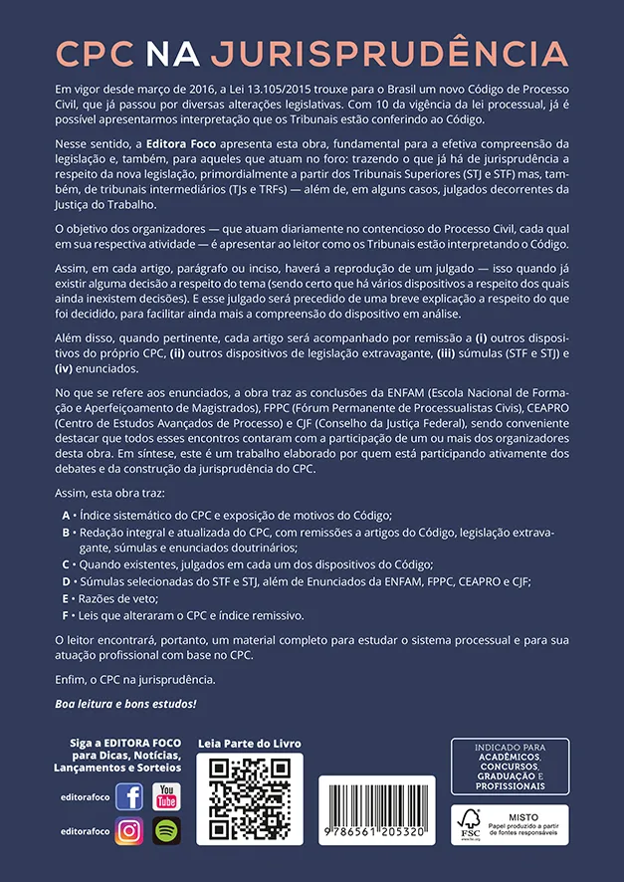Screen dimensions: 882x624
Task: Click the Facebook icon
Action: [x=129, y=796]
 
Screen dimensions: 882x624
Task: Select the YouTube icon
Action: [x=166, y=796]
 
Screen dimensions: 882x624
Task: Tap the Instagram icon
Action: [x=129, y=830]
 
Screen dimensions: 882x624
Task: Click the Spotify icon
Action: [x=166, y=830]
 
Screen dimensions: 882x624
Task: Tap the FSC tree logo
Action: [x=468, y=822]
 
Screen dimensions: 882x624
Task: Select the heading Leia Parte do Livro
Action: [x=250, y=744]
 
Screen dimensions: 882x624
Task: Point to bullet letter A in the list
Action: [x=66, y=515]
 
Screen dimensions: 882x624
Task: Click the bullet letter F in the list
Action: [x=66, y=615]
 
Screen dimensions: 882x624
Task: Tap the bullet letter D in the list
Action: [x=66, y=581]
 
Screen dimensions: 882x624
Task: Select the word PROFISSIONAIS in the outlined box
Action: [x=511, y=785]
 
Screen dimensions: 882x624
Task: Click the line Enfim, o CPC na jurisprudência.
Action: [x=133, y=679]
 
